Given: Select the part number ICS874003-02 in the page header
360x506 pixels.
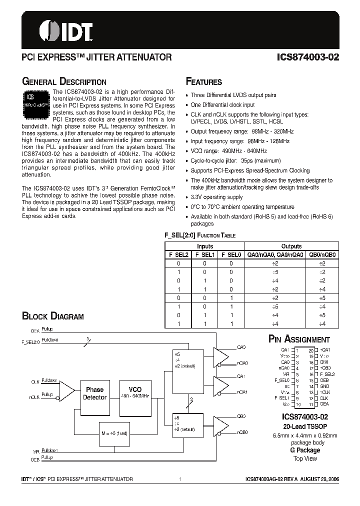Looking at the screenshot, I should click(x=308, y=57).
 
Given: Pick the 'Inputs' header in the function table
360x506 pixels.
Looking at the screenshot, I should click(x=205, y=246).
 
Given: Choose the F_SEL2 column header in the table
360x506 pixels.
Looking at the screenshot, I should click(x=178, y=254).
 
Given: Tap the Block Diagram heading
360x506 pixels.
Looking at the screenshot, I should click(x=53, y=316).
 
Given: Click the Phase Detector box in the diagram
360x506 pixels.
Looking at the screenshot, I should click(x=94, y=393).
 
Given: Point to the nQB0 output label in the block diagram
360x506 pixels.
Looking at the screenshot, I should click(x=242, y=432).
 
